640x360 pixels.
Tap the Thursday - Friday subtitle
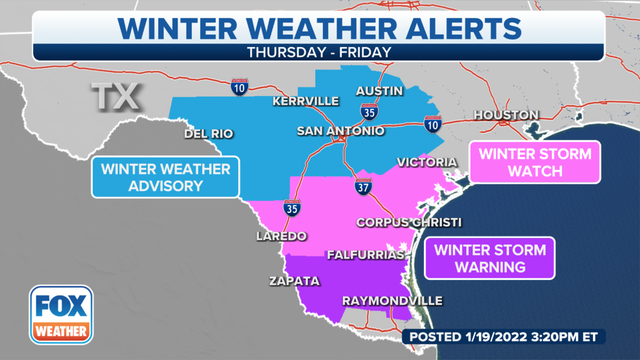(x=320, y=50)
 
